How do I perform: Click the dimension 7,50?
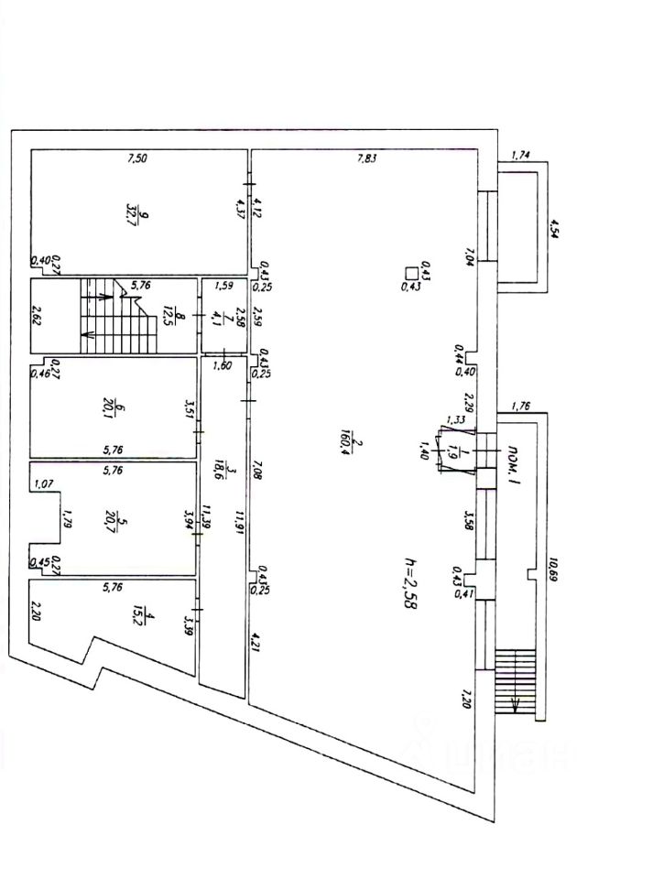click(136, 158)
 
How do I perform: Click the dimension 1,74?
click(520, 155)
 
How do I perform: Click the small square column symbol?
click(412, 271)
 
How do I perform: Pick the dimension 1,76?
click(521, 406)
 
